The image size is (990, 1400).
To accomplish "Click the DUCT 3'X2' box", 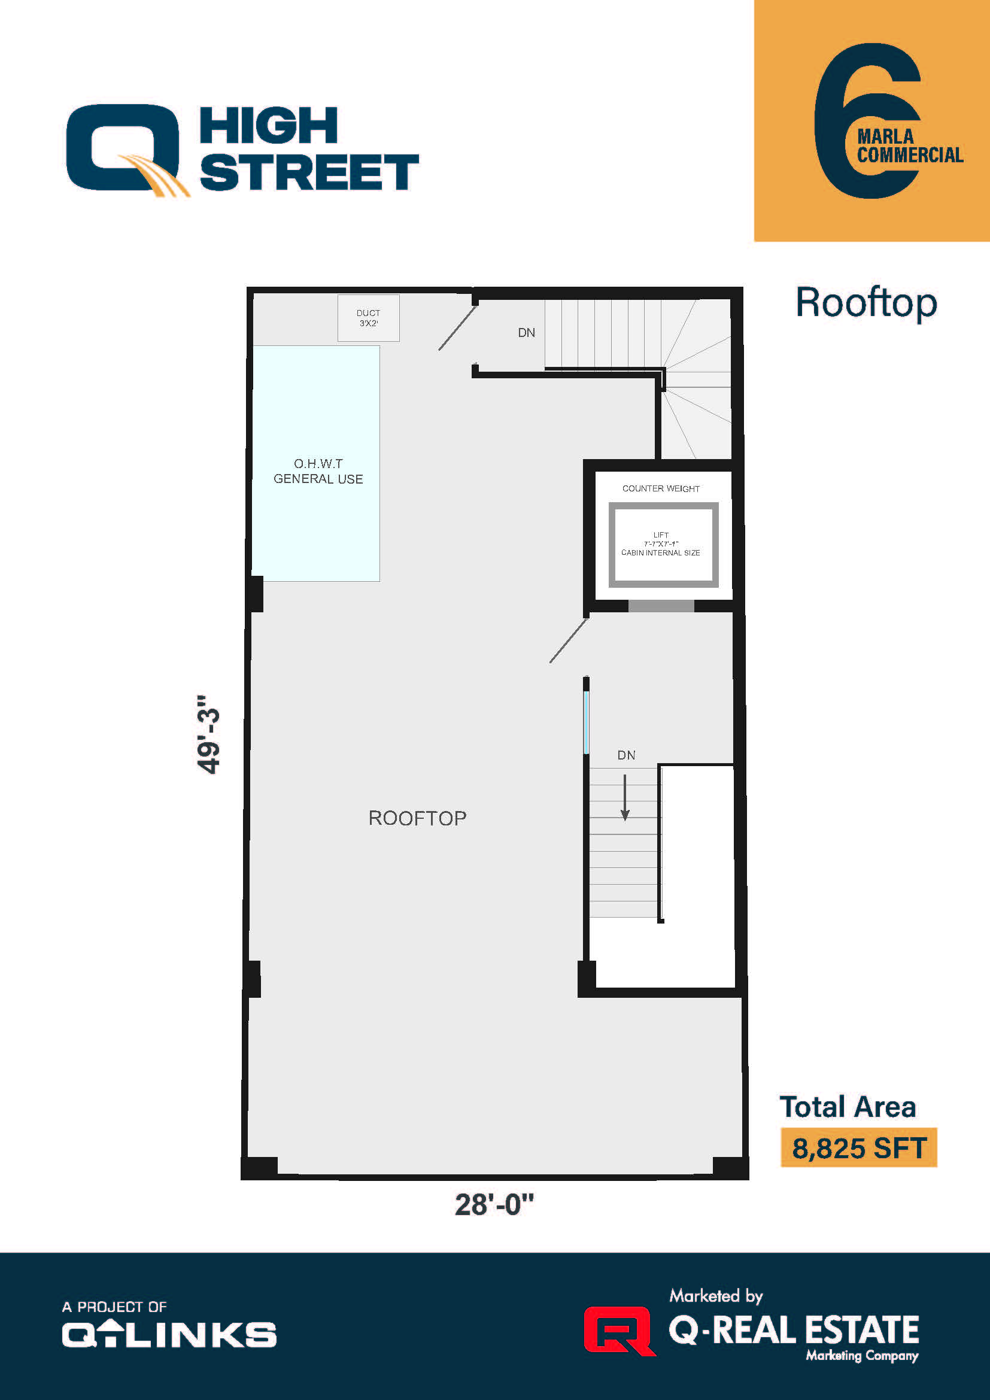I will click(368, 318).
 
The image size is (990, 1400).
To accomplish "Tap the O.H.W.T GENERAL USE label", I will click(318, 471).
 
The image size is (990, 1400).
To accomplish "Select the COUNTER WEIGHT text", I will click(661, 488).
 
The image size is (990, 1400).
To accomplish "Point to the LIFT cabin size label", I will click(661, 544).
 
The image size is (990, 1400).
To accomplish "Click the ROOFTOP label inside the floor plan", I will click(418, 818).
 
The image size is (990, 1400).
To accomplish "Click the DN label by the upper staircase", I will click(527, 333).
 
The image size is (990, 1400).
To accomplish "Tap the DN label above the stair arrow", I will click(626, 755).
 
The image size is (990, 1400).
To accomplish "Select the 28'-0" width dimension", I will click(494, 1205).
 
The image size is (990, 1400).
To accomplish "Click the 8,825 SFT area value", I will click(858, 1148).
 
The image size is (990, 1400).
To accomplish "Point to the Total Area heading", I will click(848, 1107).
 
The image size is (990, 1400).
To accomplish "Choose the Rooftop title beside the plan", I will click(866, 302).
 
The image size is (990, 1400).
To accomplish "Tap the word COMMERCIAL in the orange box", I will click(910, 156).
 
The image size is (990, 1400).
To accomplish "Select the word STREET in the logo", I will click(309, 172).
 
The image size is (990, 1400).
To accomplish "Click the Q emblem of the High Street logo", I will click(125, 150).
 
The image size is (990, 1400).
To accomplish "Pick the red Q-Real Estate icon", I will click(619, 1331).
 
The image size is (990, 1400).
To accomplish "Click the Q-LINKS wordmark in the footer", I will click(169, 1334).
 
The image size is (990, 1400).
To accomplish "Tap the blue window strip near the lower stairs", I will click(587, 722).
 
